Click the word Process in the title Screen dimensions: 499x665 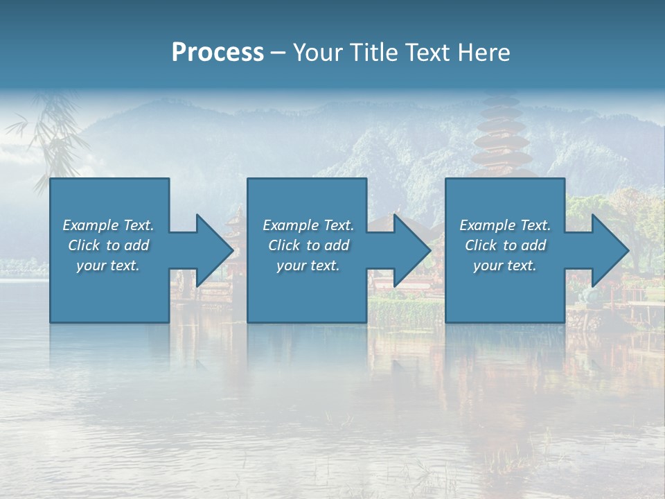pos(218,53)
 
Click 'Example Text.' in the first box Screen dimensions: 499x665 pos(108,225)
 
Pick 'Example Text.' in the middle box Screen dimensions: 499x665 pos(308,225)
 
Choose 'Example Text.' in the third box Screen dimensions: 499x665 pos(505,225)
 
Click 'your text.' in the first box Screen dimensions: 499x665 pos(108,265)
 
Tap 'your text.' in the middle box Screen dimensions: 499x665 pos(308,265)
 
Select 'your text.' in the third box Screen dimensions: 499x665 pos(505,265)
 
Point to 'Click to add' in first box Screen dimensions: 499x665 pos(108,245)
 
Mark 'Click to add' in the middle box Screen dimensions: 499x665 pos(308,245)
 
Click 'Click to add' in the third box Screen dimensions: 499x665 pos(505,245)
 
